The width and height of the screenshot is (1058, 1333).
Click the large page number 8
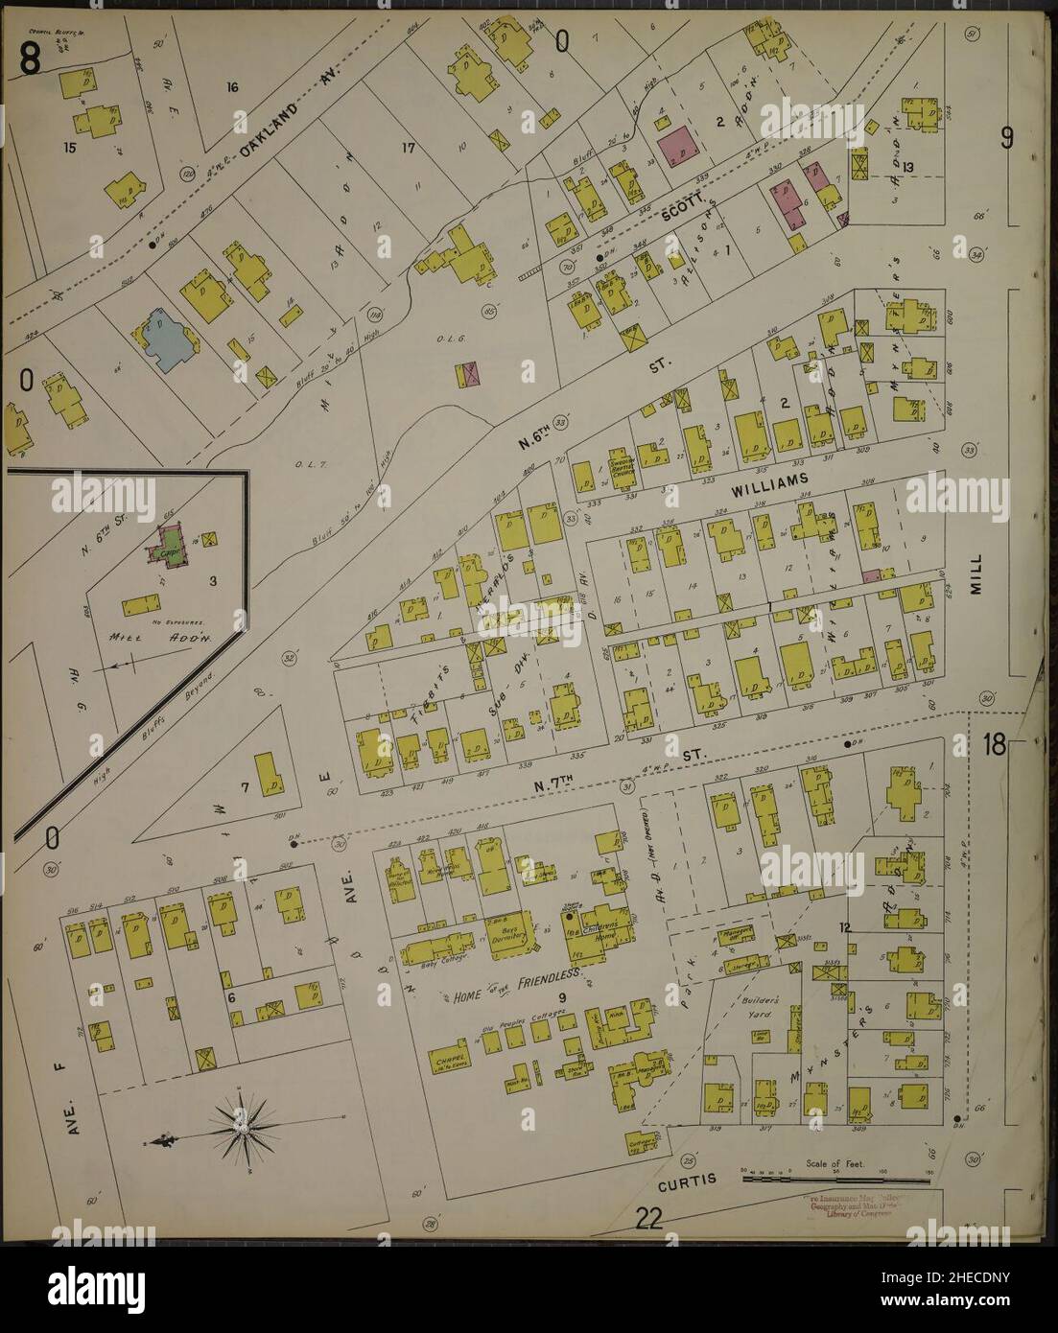click(x=30, y=60)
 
